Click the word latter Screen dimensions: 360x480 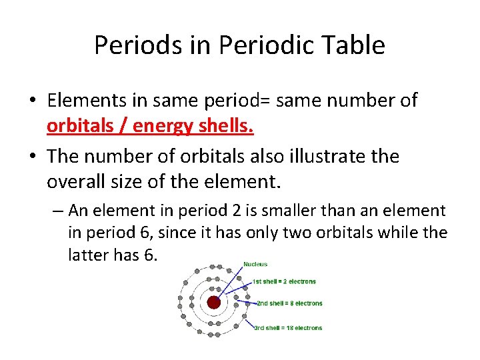pyautogui.click(x=87, y=255)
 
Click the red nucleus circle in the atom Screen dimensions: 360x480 pyautogui.click(x=213, y=302)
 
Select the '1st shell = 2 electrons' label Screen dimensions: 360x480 pyautogui.click(x=284, y=281)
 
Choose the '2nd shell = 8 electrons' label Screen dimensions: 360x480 pyautogui.click(x=289, y=303)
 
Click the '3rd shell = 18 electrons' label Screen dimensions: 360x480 pyautogui.click(x=288, y=327)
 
